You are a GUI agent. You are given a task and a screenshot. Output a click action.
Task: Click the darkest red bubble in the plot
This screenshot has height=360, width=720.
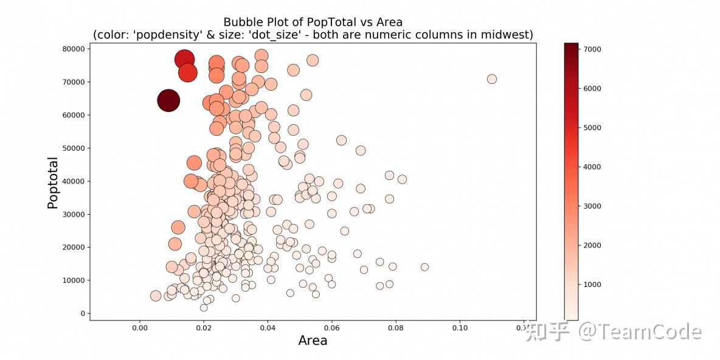pyautogui.click(x=168, y=100)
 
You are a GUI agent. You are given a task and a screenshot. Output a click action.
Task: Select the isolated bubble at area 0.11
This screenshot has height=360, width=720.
pyautogui.click(x=492, y=79)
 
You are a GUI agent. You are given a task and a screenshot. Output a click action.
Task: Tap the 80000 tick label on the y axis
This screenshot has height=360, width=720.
pyautogui.click(x=73, y=49)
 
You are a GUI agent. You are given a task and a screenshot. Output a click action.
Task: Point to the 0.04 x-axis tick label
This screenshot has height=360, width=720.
pyautogui.click(x=268, y=327)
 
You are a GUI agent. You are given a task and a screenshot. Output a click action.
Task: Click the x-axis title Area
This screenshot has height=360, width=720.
pyautogui.click(x=313, y=341)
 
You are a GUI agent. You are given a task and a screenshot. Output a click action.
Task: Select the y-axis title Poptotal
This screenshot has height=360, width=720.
pyautogui.click(x=53, y=183)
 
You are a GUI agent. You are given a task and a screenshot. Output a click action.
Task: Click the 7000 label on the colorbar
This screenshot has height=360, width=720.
pyautogui.click(x=589, y=49)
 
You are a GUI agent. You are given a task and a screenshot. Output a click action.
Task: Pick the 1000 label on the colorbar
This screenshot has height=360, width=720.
pyautogui.click(x=589, y=285)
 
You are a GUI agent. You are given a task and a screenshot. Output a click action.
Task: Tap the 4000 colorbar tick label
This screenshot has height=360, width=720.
pyautogui.click(x=589, y=167)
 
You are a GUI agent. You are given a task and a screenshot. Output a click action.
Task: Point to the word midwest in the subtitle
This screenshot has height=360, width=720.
pyautogui.click(x=510, y=35)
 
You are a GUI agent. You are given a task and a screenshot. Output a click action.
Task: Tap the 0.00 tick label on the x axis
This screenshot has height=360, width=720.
pyautogui.click(x=140, y=327)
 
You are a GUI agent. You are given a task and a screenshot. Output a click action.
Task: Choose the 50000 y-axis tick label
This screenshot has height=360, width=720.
pyautogui.click(x=73, y=148)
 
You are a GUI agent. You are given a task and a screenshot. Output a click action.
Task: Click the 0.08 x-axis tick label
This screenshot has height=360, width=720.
pyautogui.click(x=396, y=327)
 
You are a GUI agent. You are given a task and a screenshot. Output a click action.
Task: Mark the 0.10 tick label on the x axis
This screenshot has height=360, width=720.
pyautogui.click(x=460, y=327)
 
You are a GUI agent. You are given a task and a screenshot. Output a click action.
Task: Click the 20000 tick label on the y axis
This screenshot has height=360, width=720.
pyautogui.click(x=73, y=247)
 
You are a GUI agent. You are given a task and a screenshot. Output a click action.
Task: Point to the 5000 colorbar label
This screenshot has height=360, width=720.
pyautogui.click(x=589, y=128)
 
